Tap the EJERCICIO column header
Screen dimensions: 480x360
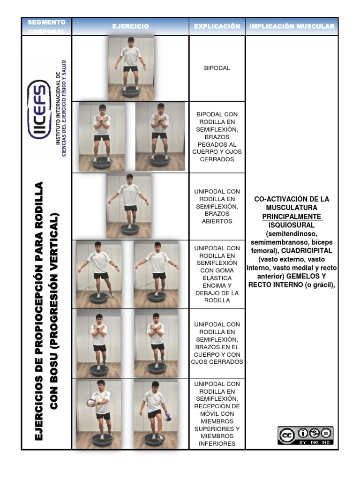point(130,27)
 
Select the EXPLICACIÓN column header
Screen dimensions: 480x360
point(217,27)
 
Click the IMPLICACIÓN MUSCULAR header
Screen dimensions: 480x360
point(292,27)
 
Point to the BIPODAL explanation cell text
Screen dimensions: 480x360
point(217,68)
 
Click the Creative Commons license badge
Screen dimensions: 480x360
point(305,435)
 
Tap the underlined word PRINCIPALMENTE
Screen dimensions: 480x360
point(292,217)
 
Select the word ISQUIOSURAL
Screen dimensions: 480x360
point(292,225)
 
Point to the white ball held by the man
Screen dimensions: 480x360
point(91,402)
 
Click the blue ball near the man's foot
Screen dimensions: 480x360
point(168,417)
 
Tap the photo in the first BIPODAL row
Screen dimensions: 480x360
point(130,68)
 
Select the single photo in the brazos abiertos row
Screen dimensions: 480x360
point(128,206)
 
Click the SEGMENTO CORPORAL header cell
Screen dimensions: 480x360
point(46,27)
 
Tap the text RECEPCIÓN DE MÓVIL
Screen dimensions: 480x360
point(217,410)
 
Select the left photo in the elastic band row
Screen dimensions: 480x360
point(99,274)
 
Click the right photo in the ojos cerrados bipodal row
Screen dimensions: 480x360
point(160,136)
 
